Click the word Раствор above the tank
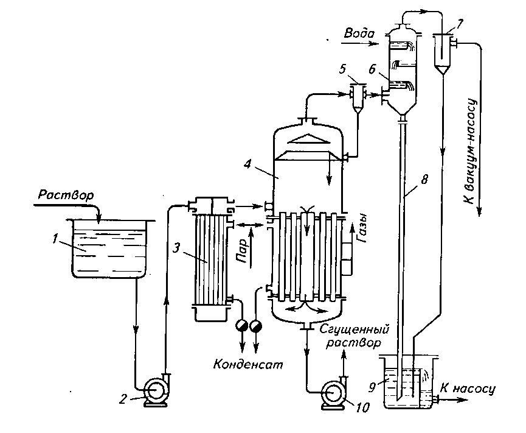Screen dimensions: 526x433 (x=66, y=195)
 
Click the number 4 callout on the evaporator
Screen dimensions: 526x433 (x=249, y=164)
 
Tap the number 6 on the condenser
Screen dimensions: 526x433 (x=372, y=69)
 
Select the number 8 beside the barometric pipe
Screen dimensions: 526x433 (x=424, y=180)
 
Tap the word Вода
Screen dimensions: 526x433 (x=359, y=33)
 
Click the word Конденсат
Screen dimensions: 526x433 (x=248, y=364)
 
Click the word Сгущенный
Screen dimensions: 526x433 (x=354, y=329)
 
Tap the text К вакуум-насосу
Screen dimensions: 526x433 (x=472, y=151)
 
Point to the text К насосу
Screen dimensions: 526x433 (x=467, y=389)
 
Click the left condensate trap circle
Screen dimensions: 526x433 (x=241, y=325)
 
